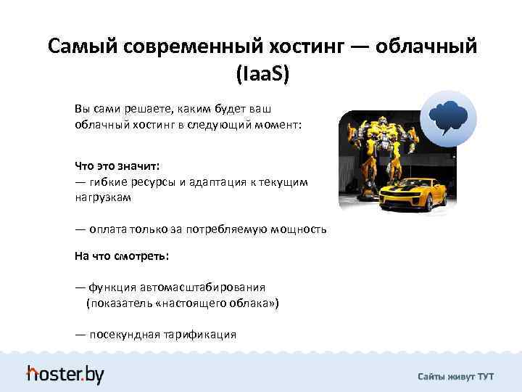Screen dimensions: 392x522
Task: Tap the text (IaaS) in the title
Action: coord(261,73)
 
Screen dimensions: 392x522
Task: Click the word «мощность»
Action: coord(298,229)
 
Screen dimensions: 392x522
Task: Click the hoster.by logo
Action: coord(65,374)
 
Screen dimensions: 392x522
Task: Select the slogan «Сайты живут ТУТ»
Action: coord(455,377)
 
